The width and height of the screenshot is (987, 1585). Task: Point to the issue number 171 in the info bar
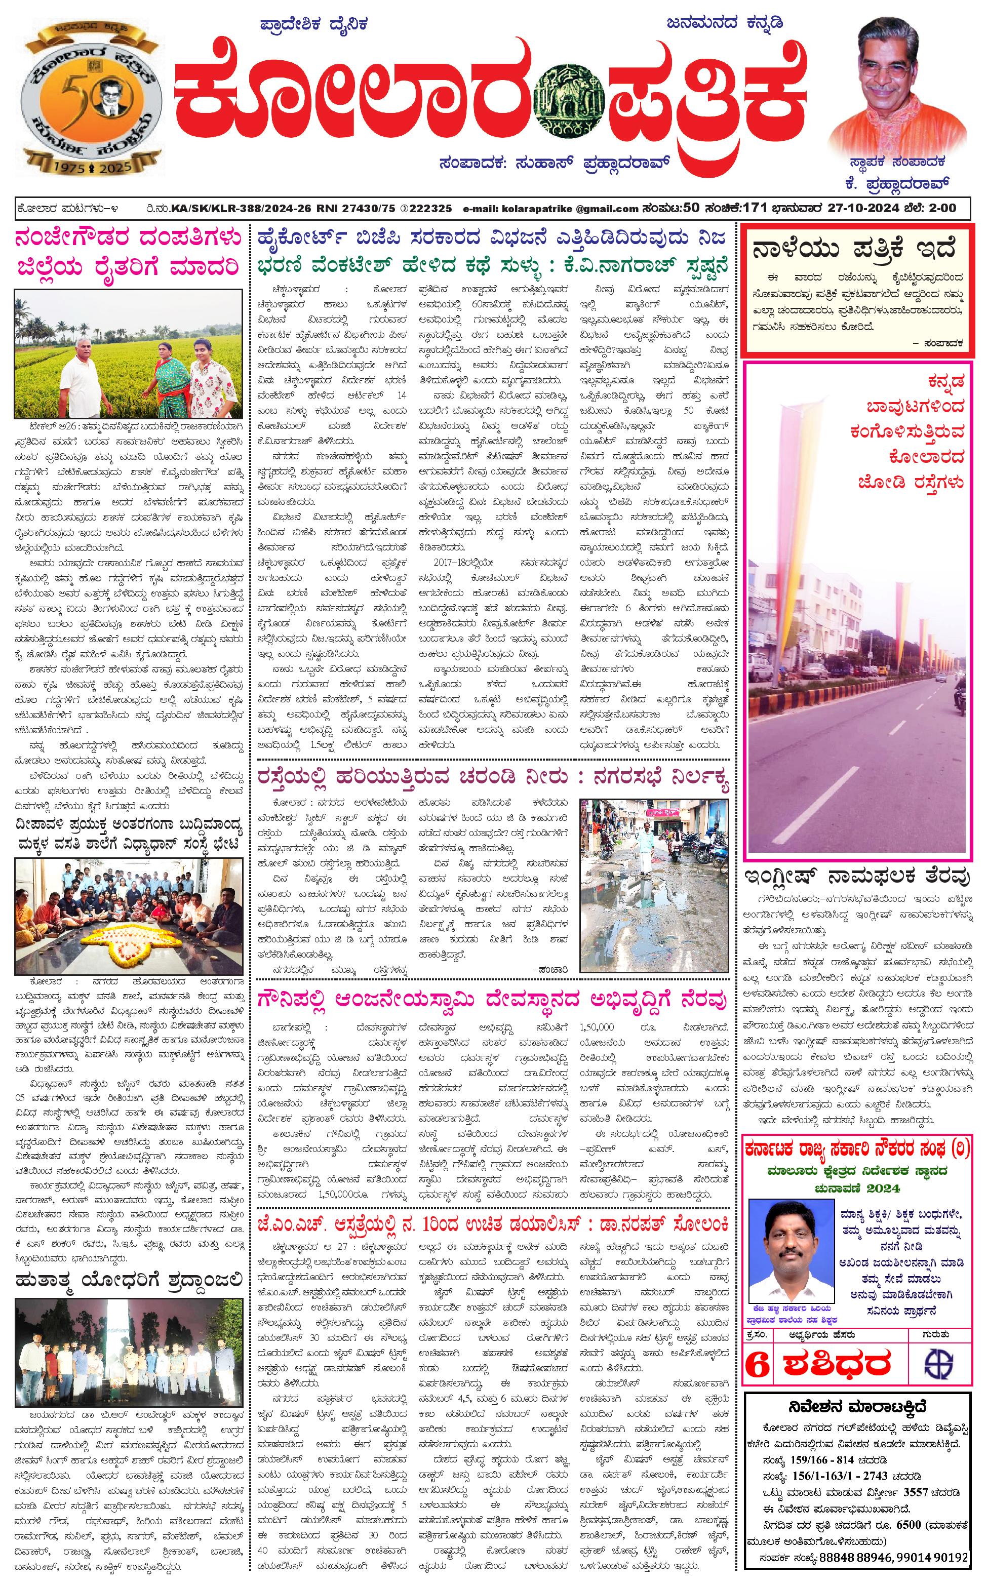point(755,208)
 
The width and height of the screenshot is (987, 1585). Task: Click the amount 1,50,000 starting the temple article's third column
point(597,1027)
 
